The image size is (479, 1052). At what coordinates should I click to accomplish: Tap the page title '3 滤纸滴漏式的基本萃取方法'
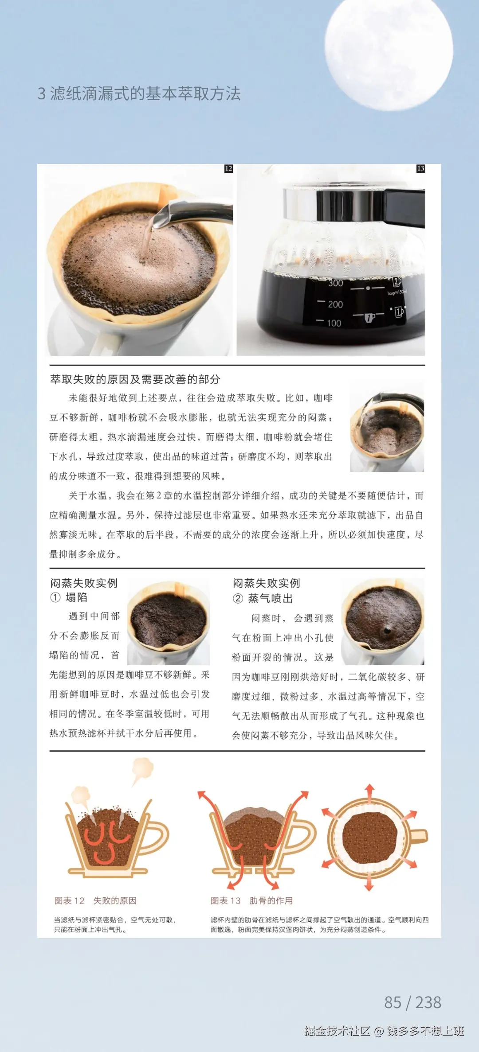[x=139, y=94]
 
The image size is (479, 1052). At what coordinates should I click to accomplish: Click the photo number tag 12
[x=228, y=169]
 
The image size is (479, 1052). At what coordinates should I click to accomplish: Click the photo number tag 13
[x=420, y=169]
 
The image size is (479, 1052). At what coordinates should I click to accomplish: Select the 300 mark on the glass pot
[x=335, y=283]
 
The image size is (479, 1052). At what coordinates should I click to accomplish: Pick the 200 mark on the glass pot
[x=335, y=304]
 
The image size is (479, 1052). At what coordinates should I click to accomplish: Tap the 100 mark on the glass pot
[x=334, y=323]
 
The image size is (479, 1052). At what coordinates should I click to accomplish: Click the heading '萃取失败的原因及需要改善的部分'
[x=135, y=379]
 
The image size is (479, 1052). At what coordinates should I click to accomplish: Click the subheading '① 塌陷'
[x=69, y=597]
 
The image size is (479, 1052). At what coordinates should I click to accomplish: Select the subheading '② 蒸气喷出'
[x=263, y=599]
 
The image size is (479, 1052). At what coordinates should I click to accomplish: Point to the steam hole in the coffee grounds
[x=387, y=630]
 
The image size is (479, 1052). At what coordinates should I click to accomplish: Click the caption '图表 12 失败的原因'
[x=95, y=900]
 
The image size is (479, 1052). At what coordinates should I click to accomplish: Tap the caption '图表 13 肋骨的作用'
[x=251, y=900]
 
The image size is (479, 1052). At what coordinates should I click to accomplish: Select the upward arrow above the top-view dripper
[x=369, y=793]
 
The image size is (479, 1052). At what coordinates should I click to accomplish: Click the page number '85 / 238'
[x=412, y=1002]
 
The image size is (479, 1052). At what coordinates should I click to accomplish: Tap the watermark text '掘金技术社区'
[x=337, y=1031]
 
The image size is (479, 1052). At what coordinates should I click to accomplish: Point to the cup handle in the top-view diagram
[x=419, y=837]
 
